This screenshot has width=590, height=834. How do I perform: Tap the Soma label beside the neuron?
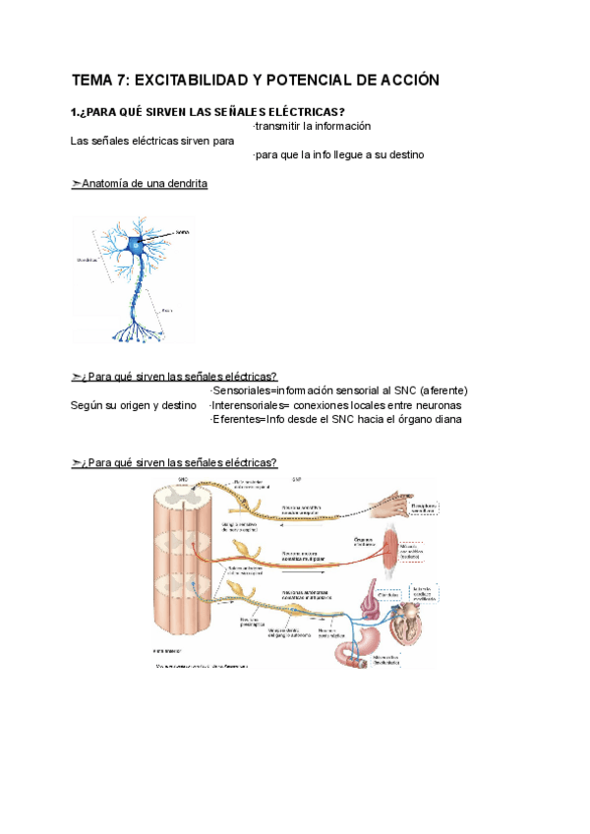pos(182,232)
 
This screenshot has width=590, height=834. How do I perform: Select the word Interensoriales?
pos(253,405)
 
